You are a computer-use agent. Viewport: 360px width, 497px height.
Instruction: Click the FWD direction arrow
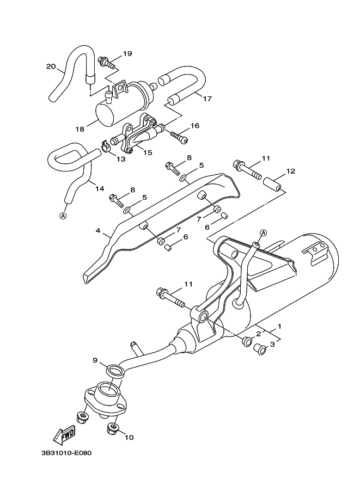click(64, 434)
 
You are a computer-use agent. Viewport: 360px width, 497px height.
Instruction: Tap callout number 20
click(51, 67)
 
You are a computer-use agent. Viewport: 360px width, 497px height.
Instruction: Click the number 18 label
click(80, 129)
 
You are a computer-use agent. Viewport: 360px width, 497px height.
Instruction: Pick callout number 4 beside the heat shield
click(99, 231)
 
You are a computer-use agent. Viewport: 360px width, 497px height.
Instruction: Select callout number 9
click(95, 360)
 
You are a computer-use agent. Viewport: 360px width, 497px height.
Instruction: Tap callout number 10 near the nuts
click(129, 437)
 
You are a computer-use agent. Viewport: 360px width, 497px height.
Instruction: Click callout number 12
click(290, 171)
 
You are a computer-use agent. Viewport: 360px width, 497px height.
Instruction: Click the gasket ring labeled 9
click(116, 372)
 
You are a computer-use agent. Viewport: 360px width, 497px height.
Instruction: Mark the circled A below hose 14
click(63, 215)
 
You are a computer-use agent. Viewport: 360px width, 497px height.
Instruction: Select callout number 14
click(99, 189)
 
